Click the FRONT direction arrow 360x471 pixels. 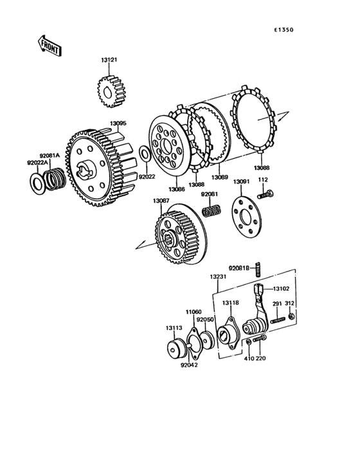(50, 46)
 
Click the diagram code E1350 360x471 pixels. (283, 30)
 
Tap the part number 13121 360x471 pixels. (109, 60)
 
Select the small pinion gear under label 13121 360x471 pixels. (111, 91)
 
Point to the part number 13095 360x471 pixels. (118, 123)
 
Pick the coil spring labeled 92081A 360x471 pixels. (54, 179)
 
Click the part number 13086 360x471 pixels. (176, 189)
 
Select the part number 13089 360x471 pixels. (220, 177)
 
